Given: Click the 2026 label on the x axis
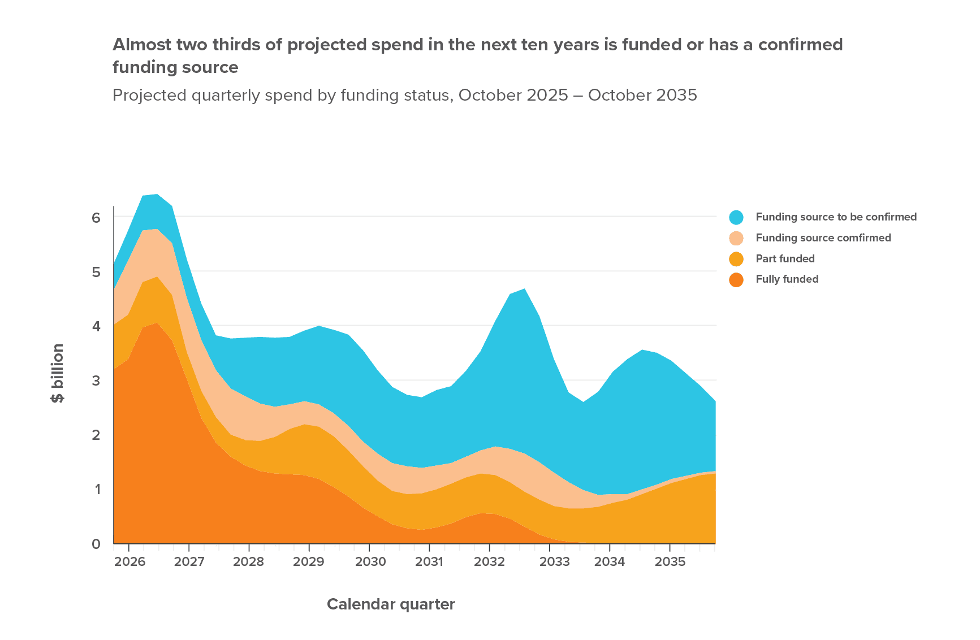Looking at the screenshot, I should [129, 562].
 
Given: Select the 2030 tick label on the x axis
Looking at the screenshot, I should [370, 562].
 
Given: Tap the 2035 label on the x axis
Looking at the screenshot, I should [670, 562].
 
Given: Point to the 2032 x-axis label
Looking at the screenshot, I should [489, 562].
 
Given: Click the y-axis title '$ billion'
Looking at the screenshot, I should [58, 373].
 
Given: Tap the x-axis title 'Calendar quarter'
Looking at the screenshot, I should [391, 604].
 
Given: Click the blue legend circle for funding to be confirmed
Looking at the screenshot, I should [736, 217].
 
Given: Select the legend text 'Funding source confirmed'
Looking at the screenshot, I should [823, 238].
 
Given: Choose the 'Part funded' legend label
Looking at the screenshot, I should [785, 259].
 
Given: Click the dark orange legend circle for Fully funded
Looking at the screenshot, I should [736, 279].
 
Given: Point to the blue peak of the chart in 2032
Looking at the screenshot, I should [525, 289].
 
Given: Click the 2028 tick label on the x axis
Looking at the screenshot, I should [248, 562].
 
